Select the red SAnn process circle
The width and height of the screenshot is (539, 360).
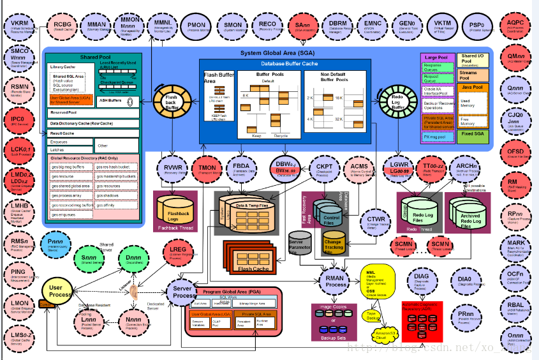point(300,26)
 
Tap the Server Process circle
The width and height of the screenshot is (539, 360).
point(184,292)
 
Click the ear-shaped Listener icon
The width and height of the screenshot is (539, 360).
point(134,292)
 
